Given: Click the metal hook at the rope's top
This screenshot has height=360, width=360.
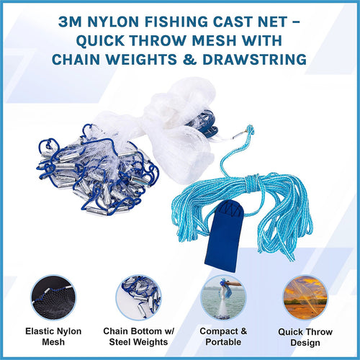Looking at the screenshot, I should coord(245,134).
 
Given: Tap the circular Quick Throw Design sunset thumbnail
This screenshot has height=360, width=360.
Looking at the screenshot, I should coord(305,297).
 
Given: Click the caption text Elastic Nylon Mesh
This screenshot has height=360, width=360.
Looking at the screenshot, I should coord(54,336).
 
